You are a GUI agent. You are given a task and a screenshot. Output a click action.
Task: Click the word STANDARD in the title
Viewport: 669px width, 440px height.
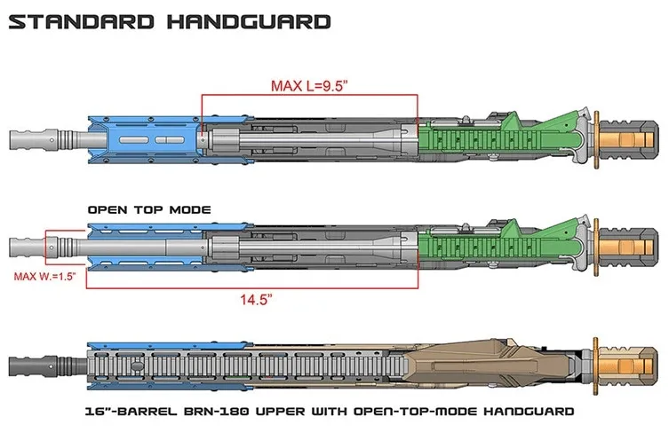click(79, 20)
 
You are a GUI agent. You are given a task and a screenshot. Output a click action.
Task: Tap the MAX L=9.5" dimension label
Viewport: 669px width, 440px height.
click(309, 87)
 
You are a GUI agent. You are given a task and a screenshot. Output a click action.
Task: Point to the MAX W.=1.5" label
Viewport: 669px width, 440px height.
click(44, 276)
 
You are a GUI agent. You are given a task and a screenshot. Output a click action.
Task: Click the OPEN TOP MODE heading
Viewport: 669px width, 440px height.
click(148, 210)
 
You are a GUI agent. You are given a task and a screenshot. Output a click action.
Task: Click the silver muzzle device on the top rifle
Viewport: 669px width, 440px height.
click(36, 140)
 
